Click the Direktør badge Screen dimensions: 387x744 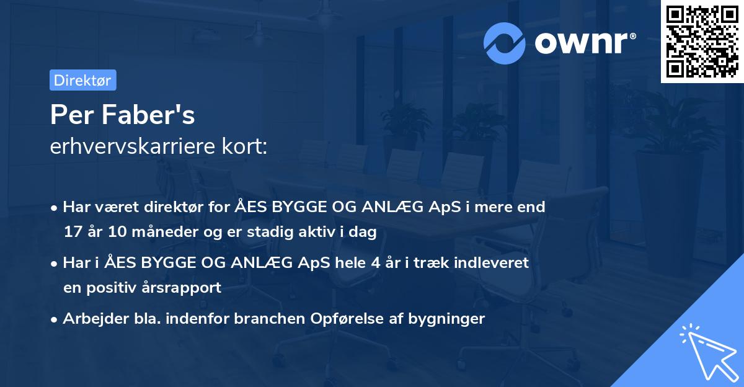(82, 80)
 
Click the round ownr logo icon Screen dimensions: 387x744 (505, 43)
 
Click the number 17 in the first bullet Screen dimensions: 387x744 (73, 231)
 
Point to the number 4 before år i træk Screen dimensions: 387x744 (375, 262)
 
